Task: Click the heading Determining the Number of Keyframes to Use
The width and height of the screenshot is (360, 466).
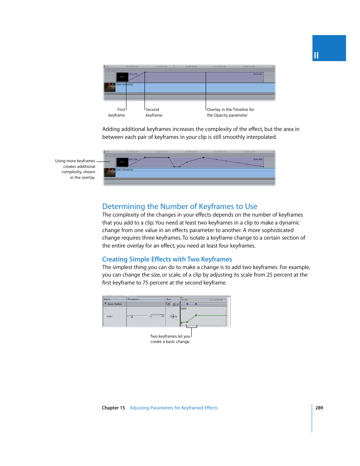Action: (x=180, y=206)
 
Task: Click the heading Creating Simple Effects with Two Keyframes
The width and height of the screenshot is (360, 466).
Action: (x=167, y=259)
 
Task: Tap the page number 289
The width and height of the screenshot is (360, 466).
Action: (x=319, y=408)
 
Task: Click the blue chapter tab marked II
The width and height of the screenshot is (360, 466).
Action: (x=329, y=48)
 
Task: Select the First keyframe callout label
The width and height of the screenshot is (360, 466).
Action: (x=117, y=112)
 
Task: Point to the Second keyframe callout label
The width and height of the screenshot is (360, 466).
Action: (x=154, y=112)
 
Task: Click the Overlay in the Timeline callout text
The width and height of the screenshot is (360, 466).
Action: (x=230, y=112)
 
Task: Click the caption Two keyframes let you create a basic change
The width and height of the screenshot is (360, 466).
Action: (x=170, y=339)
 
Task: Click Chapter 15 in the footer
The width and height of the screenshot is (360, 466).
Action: (x=113, y=408)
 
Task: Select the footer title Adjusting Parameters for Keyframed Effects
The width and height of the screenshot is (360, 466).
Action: (x=174, y=408)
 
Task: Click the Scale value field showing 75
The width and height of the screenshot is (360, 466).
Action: (x=158, y=316)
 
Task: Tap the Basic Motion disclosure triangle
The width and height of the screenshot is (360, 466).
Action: (x=106, y=304)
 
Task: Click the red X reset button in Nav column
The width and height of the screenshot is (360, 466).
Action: (x=168, y=304)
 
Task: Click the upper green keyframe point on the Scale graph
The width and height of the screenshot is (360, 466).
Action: (x=196, y=315)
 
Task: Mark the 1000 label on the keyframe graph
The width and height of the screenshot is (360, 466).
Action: (x=184, y=309)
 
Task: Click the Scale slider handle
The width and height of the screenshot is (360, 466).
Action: (x=132, y=317)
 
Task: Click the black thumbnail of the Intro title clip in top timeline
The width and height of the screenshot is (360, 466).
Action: (x=122, y=77)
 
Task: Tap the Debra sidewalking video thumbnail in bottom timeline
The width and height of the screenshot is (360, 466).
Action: (x=109, y=172)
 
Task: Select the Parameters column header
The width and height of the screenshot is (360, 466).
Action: (x=134, y=299)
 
